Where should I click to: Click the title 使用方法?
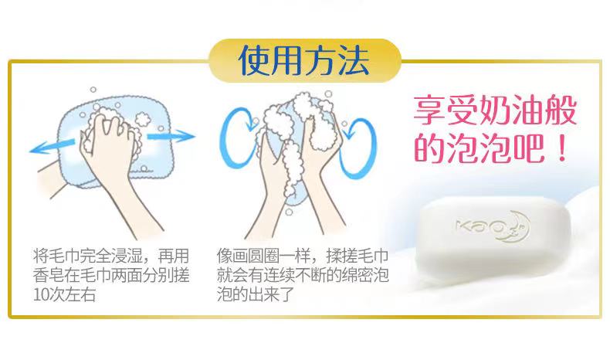(x=303, y=60)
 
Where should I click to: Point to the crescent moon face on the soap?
(x=517, y=226)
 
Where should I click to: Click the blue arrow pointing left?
(x=53, y=146)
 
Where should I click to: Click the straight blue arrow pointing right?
(x=171, y=136)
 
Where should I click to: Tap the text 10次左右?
(x=65, y=294)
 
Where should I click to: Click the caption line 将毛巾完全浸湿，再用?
(x=111, y=256)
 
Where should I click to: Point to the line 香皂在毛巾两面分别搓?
(x=111, y=275)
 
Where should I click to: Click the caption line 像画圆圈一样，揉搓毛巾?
(x=303, y=256)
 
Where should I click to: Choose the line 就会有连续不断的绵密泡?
(x=303, y=275)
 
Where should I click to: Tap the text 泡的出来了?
(x=256, y=294)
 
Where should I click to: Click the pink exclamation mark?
(x=561, y=148)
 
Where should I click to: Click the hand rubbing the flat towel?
(x=110, y=156)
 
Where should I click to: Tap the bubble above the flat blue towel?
(x=93, y=90)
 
